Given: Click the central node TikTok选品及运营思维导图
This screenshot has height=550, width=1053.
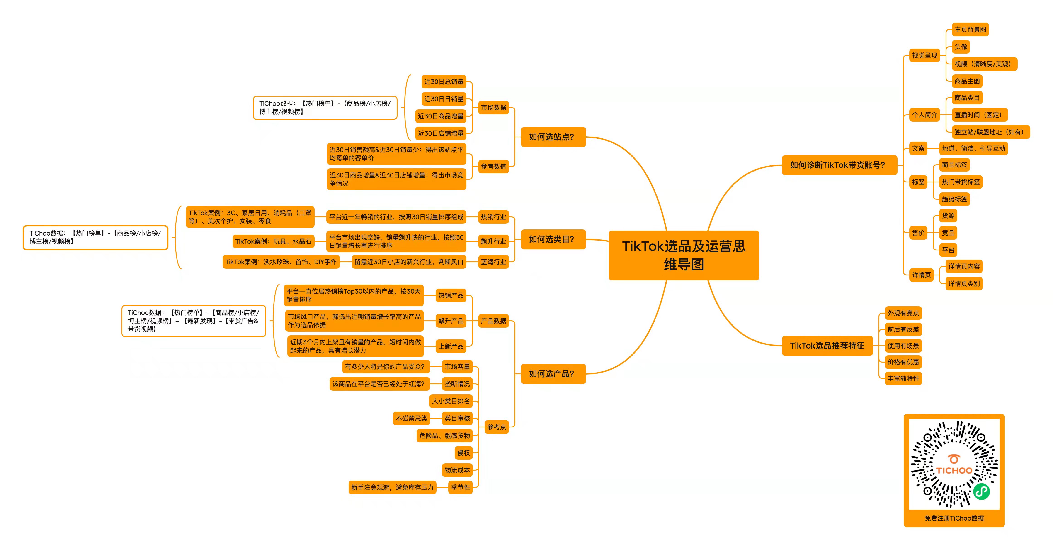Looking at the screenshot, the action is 684,255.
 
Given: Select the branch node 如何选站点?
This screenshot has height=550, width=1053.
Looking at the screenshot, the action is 553,137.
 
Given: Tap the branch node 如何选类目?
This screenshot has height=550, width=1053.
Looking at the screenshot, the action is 553,239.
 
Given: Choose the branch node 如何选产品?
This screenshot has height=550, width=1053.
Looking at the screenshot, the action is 553,374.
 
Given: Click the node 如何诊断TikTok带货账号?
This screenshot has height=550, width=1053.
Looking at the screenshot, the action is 839,165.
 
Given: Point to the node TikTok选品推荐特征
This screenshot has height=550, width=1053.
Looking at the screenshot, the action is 827,346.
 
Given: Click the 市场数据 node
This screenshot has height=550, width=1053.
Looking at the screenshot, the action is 493,108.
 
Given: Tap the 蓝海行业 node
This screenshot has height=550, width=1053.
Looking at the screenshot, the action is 493,262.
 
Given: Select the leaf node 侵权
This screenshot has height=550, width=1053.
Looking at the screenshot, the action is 463,453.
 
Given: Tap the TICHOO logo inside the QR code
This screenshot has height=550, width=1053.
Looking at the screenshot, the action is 954,465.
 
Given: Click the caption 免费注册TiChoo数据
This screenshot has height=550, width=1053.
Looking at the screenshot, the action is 954,518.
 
